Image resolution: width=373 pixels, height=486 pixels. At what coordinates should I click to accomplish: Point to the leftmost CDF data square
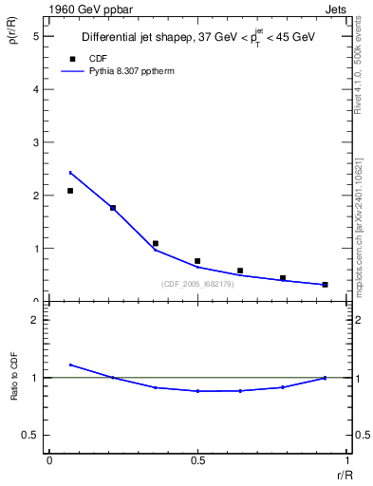click(x=70, y=191)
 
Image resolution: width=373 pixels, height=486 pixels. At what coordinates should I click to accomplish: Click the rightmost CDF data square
click(x=325, y=284)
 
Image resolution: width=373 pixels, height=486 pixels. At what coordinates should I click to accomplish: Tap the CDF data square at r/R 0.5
click(x=197, y=261)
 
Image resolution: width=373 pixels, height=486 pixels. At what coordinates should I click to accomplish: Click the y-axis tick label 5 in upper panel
click(x=36, y=36)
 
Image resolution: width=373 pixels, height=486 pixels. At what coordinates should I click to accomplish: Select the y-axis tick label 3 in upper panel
click(x=36, y=142)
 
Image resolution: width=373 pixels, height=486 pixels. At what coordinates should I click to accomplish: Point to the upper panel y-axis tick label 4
click(x=36, y=89)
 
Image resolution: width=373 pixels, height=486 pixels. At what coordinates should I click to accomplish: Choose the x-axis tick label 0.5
click(x=197, y=460)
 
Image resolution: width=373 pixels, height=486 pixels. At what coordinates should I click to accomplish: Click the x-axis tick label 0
click(x=49, y=460)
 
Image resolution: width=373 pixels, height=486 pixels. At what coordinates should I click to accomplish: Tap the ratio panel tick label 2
click(x=36, y=320)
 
